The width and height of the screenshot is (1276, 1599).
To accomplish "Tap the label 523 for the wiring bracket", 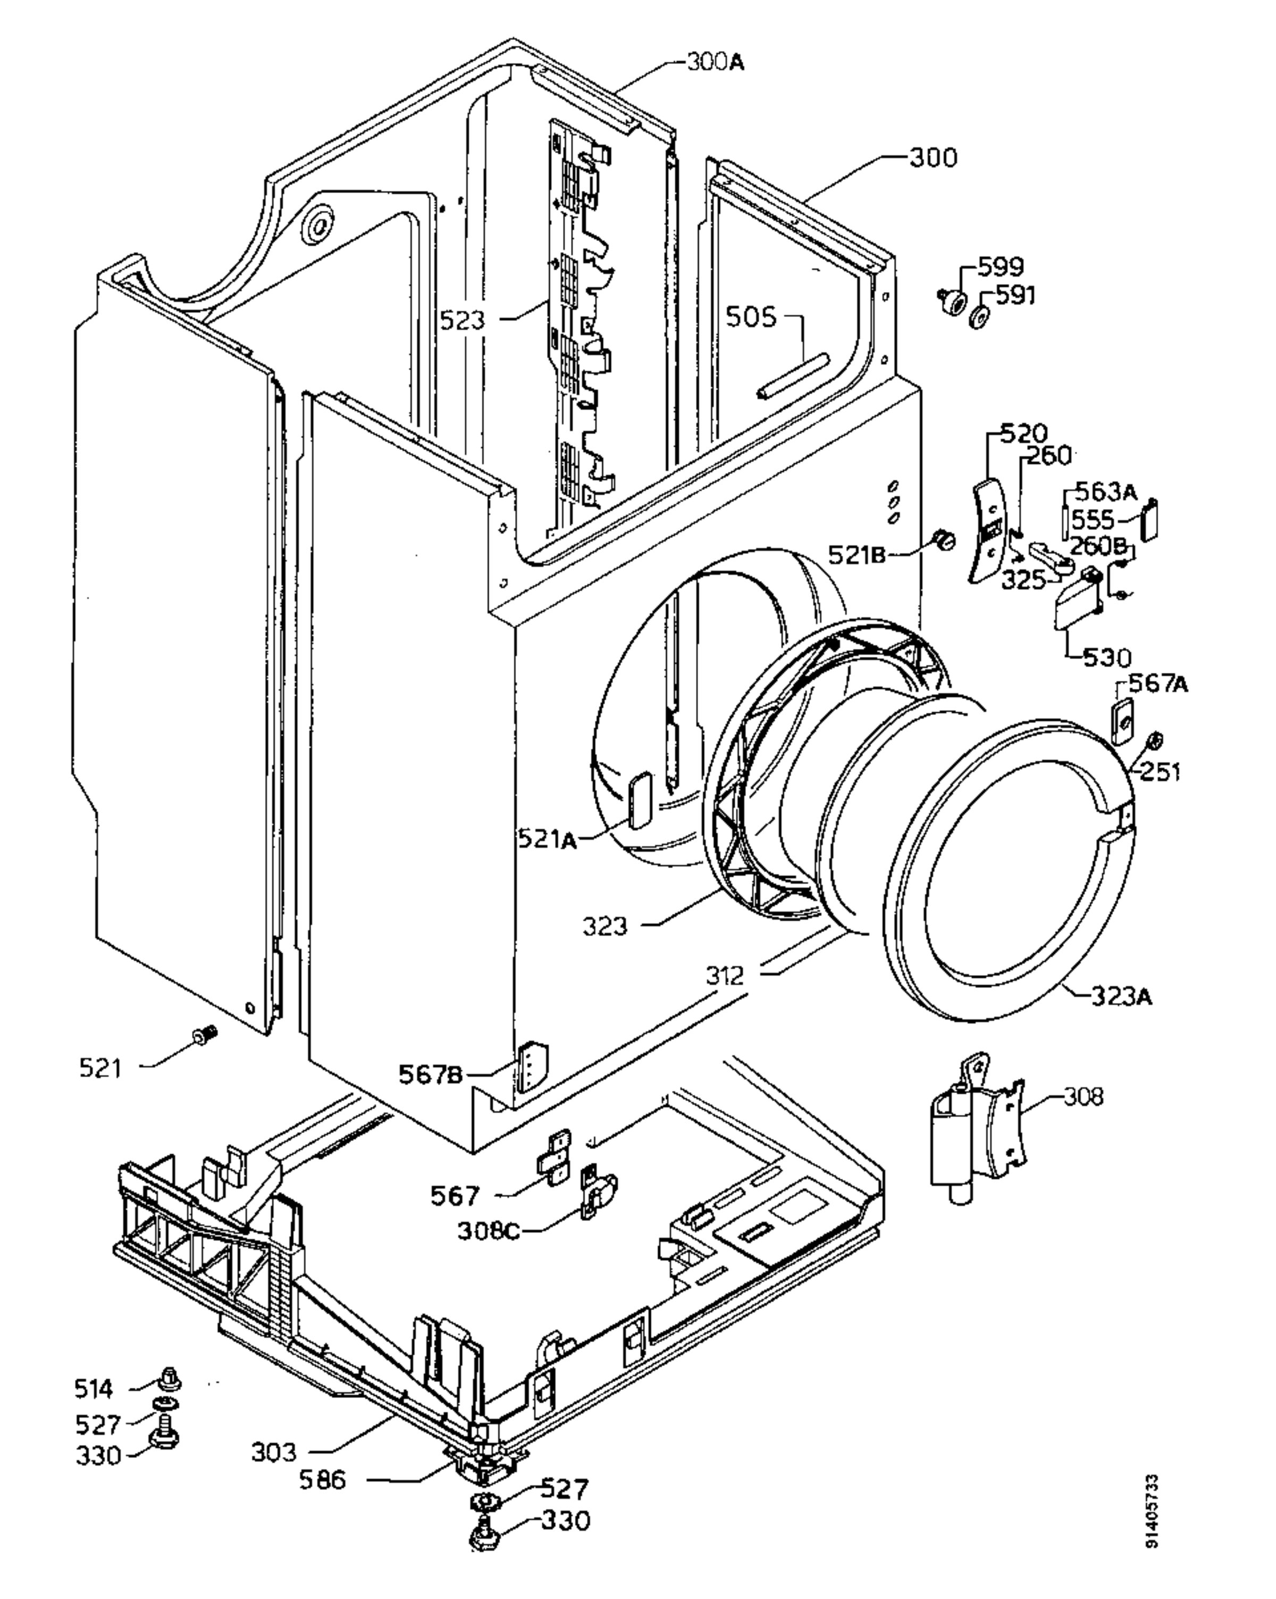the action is coord(462,320).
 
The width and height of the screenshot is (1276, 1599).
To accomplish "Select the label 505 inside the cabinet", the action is coord(750,318).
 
